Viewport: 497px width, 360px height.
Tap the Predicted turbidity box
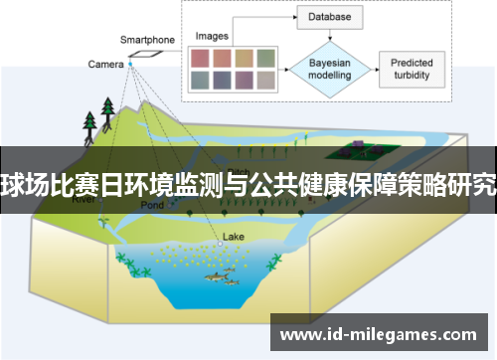(417, 68)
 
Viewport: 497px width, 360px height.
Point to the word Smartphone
(147, 40)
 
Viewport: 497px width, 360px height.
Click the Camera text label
(104, 65)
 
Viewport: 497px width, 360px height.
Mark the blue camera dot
(129, 65)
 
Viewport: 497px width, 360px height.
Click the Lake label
(233, 237)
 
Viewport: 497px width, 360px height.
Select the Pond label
(152, 205)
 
